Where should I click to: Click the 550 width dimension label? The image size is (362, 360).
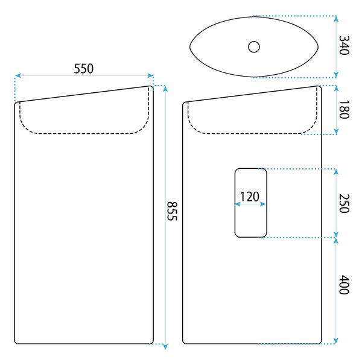pyautogui.click(x=84, y=69)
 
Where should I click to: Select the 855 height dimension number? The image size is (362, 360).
pyautogui.click(x=172, y=211)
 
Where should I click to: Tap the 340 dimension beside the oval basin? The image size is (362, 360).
pyautogui.click(x=344, y=45)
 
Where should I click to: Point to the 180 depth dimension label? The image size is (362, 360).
pyautogui.click(x=344, y=110)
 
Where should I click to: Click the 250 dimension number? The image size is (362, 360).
pyautogui.click(x=344, y=203)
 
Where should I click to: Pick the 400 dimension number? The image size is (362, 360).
pyautogui.click(x=344, y=285)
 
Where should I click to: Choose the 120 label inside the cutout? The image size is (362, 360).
pyautogui.click(x=250, y=197)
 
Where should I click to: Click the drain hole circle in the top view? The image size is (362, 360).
pyautogui.click(x=254, y=47)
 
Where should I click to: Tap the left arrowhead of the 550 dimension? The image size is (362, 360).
pyautogui.click(x=18, y=75)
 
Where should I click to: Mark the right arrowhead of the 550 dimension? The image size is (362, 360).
pyautogui.click(x=150, y=75)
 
